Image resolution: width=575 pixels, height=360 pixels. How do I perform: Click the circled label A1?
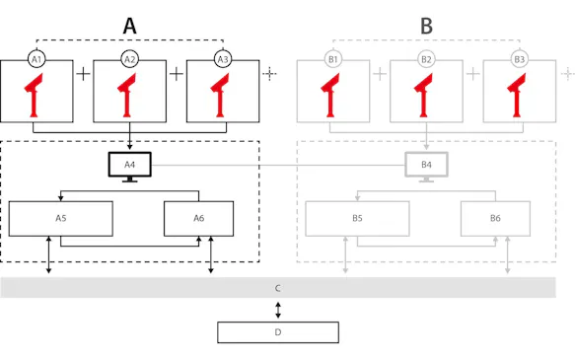[36, 59]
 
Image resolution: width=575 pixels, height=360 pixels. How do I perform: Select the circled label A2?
[129, 59]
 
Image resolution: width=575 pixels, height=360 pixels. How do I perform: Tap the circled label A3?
[223, 59]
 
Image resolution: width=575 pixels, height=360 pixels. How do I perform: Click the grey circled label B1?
[333, 59]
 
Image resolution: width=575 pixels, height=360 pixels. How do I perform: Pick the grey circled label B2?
[426, 59]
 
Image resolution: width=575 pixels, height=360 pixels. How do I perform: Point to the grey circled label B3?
[519, 59]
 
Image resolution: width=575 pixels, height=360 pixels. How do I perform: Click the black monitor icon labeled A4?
[129, 166]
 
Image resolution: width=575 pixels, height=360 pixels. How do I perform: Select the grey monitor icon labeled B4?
[426, 166]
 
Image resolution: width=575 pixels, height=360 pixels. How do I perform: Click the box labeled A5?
[60, 218]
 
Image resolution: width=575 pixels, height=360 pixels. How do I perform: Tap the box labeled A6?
[198, 218]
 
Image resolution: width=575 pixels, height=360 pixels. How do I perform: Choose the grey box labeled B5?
[357, 218]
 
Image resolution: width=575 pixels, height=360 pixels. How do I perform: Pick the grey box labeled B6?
[495, 218]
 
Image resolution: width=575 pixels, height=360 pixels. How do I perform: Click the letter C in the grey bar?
[278, 288]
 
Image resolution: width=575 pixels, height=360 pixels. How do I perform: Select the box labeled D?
[278, 332]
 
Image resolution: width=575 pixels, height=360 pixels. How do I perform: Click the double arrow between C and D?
[278, 310]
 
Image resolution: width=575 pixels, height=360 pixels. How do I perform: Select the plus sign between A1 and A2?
[83, 74]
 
